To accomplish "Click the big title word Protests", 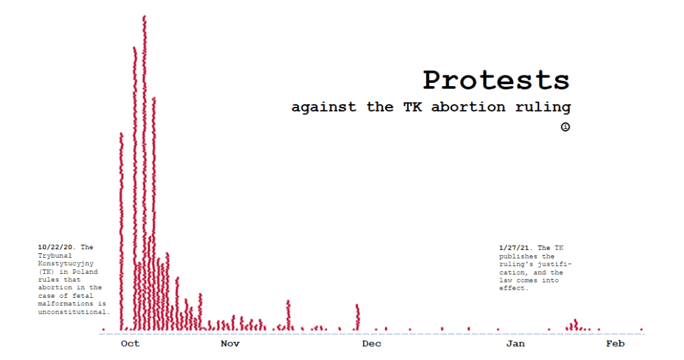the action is [496, 80].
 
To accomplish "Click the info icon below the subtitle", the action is [565, 127].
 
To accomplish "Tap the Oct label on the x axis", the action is [130, 344].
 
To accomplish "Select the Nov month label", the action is [230, 344].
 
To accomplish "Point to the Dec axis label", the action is [371, 344].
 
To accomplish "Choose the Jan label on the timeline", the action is [516, 344].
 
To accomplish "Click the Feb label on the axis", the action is [615, 344].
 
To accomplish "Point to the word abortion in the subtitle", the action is [468, 107].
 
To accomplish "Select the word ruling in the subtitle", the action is [543, 108].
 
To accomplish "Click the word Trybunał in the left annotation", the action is [55, 255].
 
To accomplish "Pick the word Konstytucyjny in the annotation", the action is [66, 264].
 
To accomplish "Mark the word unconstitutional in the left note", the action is [73, 311].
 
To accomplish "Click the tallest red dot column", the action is [144, 173].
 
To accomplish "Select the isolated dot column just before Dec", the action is [358, 317].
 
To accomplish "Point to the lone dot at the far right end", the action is [641, 329].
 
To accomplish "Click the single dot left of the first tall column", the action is [104, 329].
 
